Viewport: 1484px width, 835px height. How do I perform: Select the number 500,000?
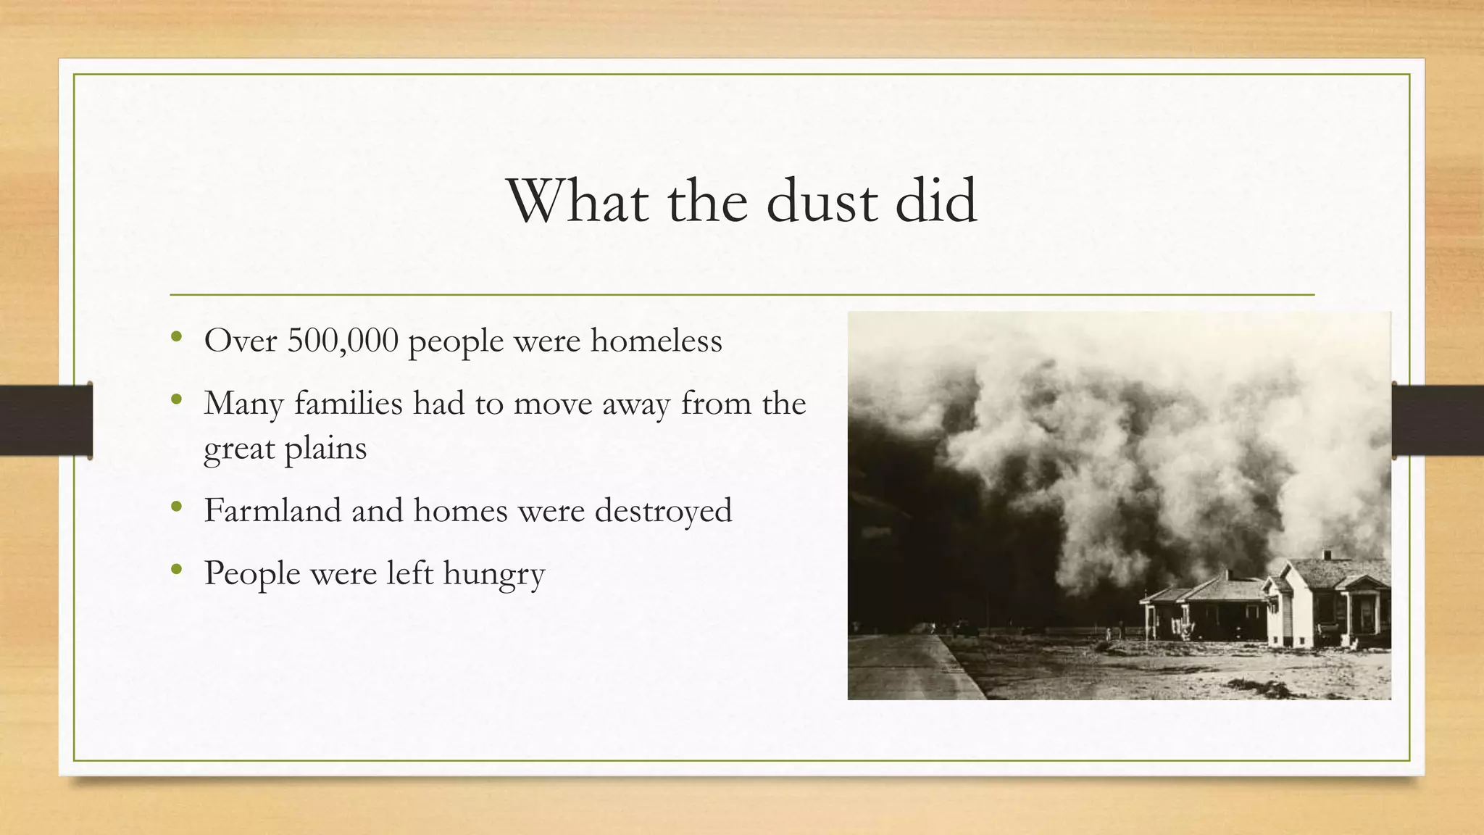pyautogui.click(x=343, y=341)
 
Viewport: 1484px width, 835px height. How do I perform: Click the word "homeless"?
pyautogui.click(x=656, y=341)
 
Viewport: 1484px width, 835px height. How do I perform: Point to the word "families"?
pyautogui.click(x=348, y=404)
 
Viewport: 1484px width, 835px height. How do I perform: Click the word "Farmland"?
pyautogui.click(x=272, y=510)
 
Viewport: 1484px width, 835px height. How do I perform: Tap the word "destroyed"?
pyautogui.click(x=663, y=511)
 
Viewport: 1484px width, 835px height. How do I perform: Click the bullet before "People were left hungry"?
pyautogui.click(x=176, y=570)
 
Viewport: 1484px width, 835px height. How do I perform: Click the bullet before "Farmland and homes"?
pyautogui.click(x=176, y=507)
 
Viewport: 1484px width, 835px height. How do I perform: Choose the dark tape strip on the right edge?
pyautogui.click(x=1438, y=420)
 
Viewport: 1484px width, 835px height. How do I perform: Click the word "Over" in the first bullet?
pyautogui.click(x=240, y=341)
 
